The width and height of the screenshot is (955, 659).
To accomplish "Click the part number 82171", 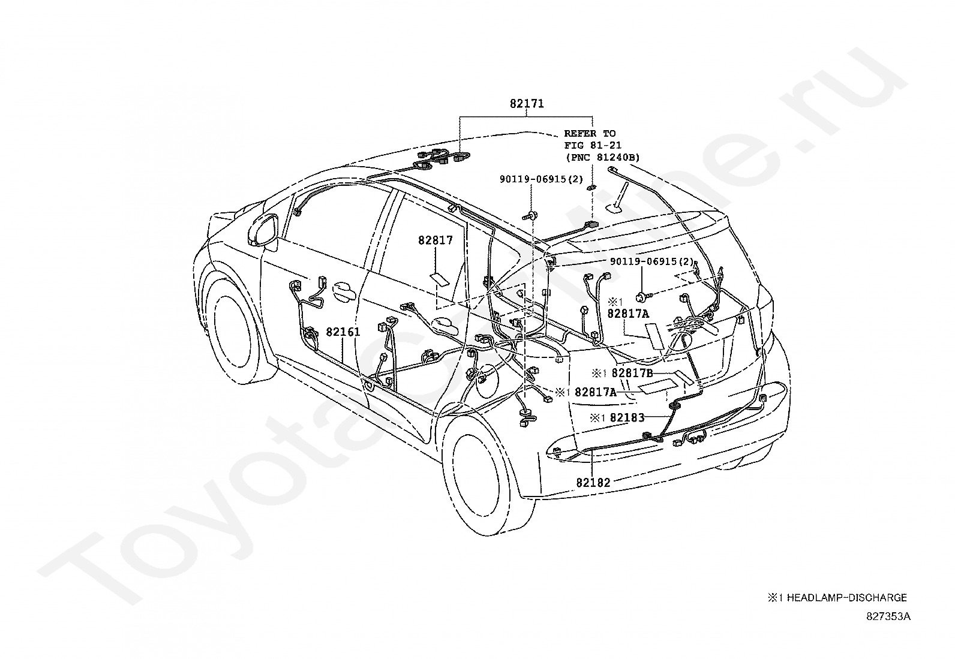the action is click(x=527, y=104).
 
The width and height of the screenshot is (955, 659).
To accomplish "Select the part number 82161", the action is click(x=343, y=332).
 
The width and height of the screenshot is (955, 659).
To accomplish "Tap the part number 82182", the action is click(x=593, y=483).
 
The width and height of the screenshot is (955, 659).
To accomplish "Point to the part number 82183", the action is click(x=627, y=418).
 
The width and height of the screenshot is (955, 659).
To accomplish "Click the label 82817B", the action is click(x=632, y=374).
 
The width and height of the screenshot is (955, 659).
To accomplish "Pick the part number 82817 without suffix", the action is click(x=436, y=240).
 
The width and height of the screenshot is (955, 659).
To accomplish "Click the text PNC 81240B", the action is click(x=603, y=157).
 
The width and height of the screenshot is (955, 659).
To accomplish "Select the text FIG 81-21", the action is click(x=593, y=145).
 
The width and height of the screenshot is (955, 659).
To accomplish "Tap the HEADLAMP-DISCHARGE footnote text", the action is click(x=846, y=598).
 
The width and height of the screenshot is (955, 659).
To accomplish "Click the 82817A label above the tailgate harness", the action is click(x=628, y=314).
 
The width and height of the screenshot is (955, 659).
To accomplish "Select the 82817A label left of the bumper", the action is click(x=596, y=392).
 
